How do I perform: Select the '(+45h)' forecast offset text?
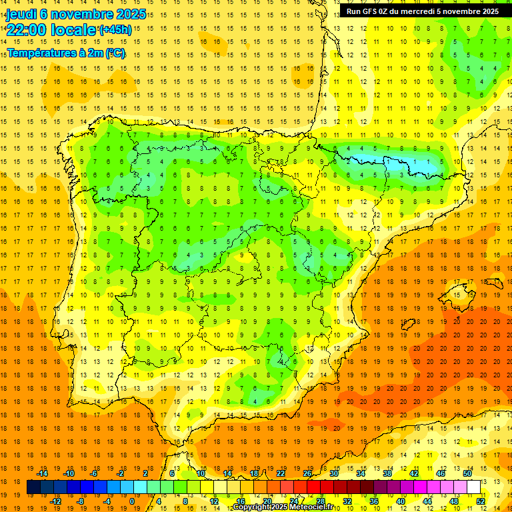[115, 30]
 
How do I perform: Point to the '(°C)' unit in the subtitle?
[113, 53]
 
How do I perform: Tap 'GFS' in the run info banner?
[373, 11]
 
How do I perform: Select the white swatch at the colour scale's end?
[474, 487]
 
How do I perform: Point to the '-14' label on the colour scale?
[43, 473]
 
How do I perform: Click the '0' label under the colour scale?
[132, 501]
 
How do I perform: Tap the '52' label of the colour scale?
[481, 501]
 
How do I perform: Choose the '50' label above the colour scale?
[467, 473]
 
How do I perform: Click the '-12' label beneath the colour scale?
[57, 501]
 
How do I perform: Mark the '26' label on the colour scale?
[307, 473]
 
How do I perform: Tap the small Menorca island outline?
[493, 283]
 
